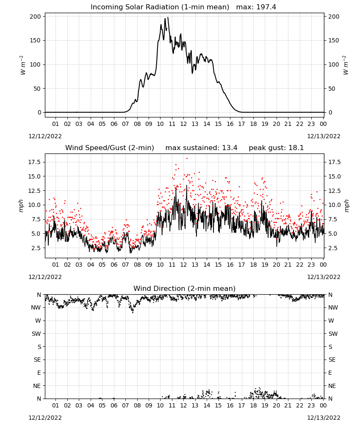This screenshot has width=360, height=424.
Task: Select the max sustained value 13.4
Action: point(230,148)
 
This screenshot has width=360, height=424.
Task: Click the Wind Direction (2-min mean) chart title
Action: point(185,288)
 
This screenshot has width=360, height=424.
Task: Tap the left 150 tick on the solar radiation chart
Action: point(36,41)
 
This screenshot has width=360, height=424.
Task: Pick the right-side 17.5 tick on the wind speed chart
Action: point(334,162)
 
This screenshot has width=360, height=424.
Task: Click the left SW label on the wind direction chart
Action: point(36,334)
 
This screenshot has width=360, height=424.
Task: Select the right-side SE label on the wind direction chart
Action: point(332,360)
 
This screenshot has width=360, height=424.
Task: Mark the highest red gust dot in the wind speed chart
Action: point(187,159)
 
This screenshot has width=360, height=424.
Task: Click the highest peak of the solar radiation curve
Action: point(168,17)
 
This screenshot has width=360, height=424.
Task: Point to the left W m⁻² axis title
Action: point(23,65)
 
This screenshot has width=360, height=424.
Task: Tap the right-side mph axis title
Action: point(347,206)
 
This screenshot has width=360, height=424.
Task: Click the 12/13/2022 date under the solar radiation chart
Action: point(324,136)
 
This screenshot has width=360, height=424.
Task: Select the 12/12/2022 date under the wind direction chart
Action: point(45,418)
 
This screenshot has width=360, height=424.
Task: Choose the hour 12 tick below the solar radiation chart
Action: point(183,124)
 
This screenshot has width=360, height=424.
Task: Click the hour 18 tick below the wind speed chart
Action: point(253,265)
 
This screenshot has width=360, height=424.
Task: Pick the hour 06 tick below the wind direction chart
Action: point(114,406)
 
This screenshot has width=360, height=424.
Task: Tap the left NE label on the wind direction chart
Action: point(37,386)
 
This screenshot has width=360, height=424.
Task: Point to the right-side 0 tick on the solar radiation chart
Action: point(330,112)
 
